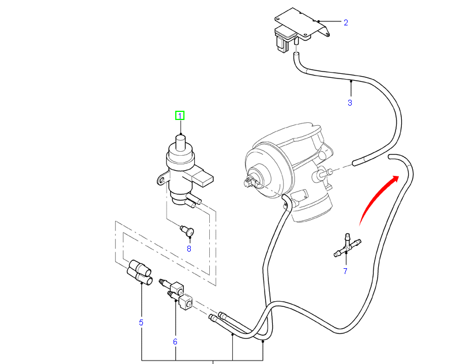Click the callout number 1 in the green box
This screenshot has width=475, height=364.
click(180, 115)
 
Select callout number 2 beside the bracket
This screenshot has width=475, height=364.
click(345, 23)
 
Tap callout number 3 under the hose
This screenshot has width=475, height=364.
click(349, 103)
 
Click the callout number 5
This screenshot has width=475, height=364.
click(141, 322)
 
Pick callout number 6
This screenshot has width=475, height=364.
click(175, 342)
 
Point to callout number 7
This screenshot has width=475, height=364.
click(345, 271)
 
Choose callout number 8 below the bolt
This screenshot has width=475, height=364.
click(189, 249)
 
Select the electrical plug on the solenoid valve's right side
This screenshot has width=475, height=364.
click(204, 177)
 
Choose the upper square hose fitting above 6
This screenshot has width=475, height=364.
click(175, 285)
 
